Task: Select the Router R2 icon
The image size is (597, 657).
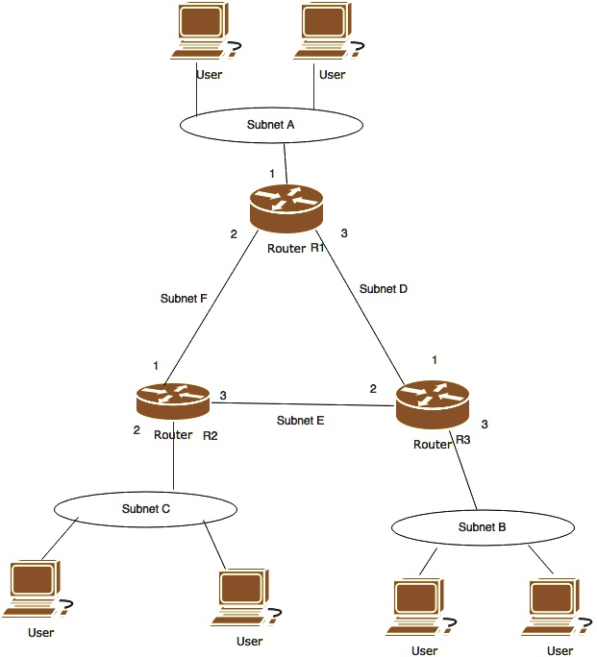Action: (173, 400)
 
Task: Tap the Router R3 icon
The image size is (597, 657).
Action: (433, 402)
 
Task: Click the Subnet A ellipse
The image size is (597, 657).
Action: (272, 124)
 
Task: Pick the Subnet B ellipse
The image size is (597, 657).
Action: (482, 527)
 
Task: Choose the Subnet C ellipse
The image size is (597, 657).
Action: (145, 508)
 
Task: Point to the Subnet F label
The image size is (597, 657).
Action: (184, 298)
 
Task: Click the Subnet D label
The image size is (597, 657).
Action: (384, 288)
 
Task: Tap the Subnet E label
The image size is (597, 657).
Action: (300, 420)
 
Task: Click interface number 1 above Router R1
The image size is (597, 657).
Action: (272, 173)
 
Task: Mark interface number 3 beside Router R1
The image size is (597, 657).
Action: (344, 233)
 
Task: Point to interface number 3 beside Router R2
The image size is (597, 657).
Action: (223, 395)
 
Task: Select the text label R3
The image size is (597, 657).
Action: (462, 440)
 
